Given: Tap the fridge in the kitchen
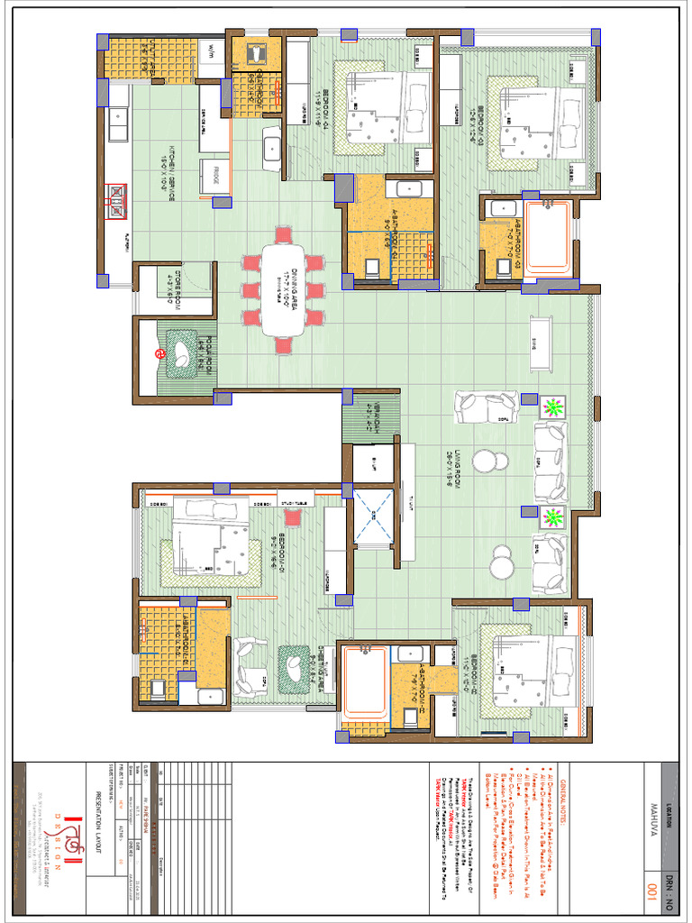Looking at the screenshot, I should pos(215,176).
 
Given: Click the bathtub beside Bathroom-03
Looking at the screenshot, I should pos(548,238).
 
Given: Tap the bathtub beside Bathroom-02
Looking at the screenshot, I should pos(365,682).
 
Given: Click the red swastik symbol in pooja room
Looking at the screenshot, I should pos(159,353).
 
